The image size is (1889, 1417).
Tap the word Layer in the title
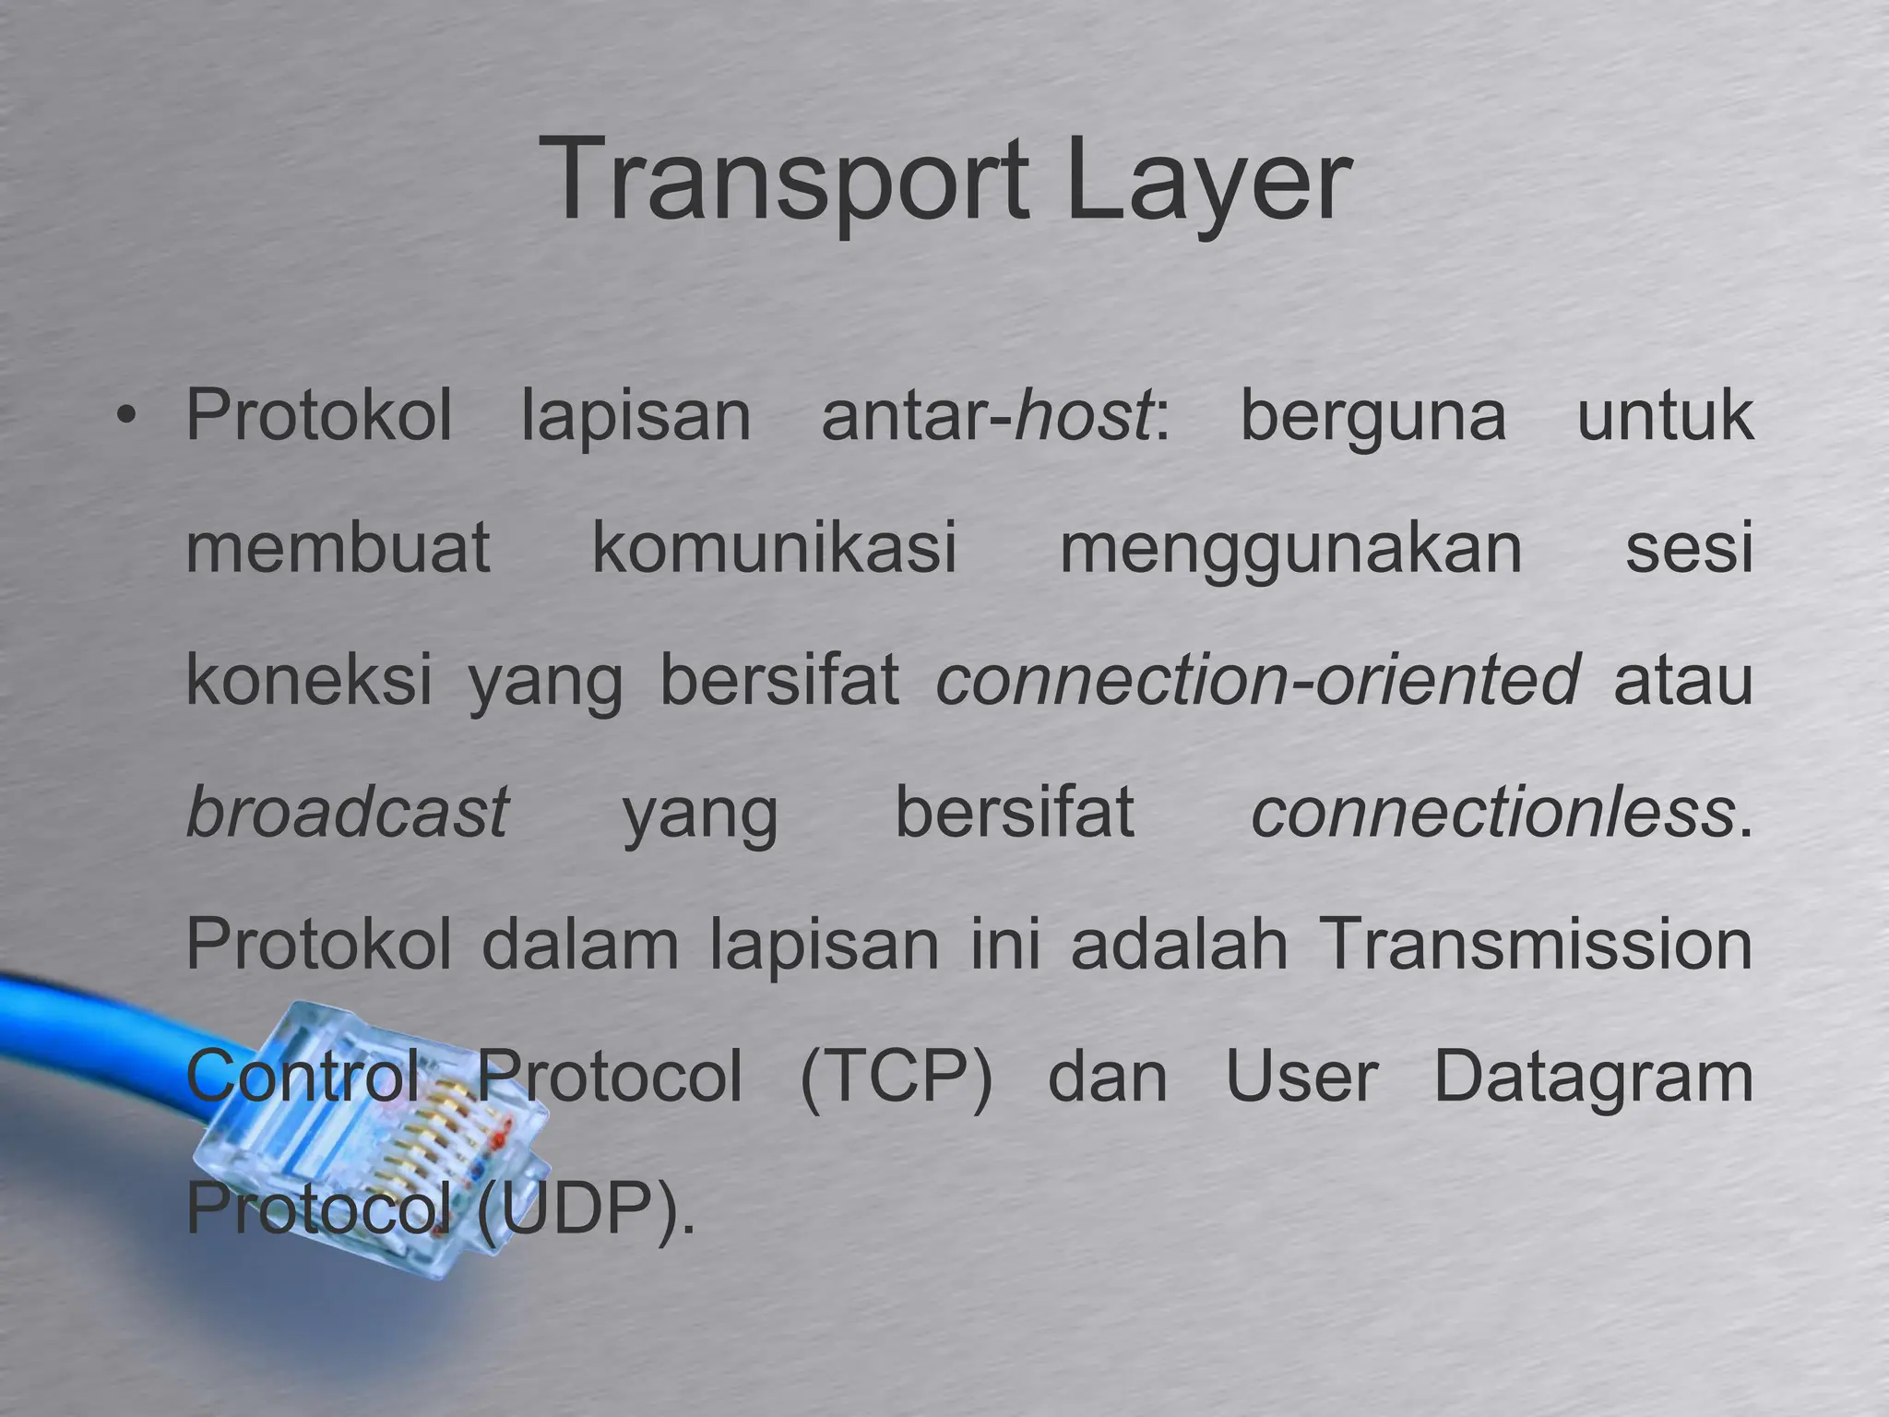(1208, 180)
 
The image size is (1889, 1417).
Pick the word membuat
(338, 548)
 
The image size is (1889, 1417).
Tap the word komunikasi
(775, 548)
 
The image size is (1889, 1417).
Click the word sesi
(1688, 548)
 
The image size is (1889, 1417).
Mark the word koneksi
(309, 680)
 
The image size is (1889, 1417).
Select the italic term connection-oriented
(1258, 680)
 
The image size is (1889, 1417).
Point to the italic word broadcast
(347, 812)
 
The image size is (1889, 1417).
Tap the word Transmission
(1537, 945)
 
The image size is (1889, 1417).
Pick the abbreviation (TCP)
(896, 1078)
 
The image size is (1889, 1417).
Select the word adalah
(1179, 945)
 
